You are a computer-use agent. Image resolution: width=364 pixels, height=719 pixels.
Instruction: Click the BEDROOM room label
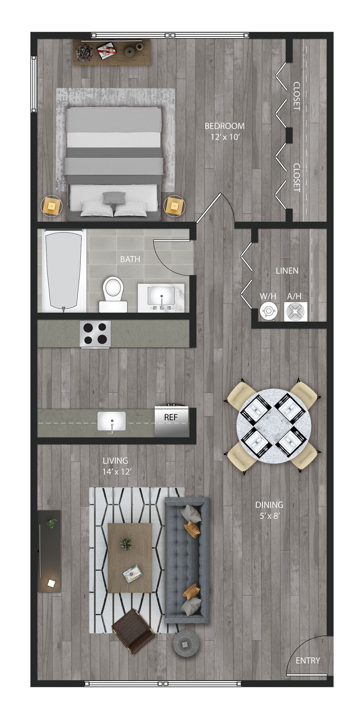coord(224,126)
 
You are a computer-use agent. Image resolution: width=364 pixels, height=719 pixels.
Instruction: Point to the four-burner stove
coord(95,334)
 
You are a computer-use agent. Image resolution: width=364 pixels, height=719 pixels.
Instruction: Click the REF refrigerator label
coord(171,417)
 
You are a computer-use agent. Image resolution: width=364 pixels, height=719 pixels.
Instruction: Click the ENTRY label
coord(308,660)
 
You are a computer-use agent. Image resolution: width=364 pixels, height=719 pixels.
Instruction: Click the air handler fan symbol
coord(296,311)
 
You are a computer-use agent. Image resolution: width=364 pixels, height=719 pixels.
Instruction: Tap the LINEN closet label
coord(287,271)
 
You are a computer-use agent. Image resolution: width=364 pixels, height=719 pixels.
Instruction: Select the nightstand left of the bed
coord(52,206)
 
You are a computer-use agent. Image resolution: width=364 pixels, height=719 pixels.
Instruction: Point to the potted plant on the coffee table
coord(126,544)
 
